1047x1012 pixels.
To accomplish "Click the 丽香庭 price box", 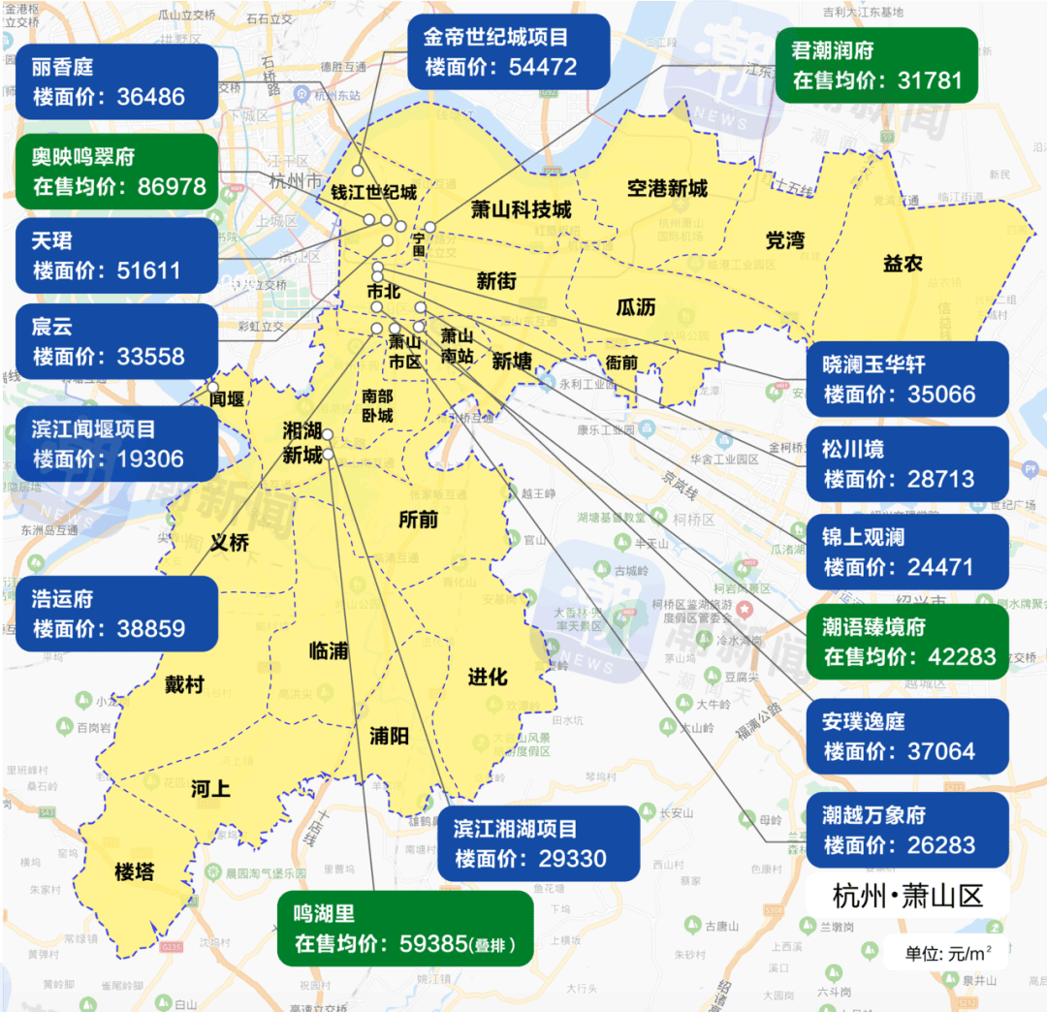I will click(115, 82).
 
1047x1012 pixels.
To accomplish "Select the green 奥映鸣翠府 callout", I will click(115, 172).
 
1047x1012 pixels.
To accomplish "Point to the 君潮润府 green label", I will click(876, 65).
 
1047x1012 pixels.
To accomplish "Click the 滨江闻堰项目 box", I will click(115, 444).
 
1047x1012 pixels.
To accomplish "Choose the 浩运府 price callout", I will click(115, 614).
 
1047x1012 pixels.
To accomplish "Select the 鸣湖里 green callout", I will click(405, 929).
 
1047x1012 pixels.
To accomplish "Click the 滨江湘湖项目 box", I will click(537, 843).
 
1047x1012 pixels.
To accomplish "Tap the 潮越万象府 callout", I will click(907, 830).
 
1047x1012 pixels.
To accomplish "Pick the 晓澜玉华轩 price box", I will click(907, 379).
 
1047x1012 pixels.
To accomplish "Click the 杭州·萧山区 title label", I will click(907, 896).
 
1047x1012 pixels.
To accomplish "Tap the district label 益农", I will click(902, 263).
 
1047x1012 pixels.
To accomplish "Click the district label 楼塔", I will click(134, 871).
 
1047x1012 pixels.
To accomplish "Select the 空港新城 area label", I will click(667, 188).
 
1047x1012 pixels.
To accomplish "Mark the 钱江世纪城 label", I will click(374, 192).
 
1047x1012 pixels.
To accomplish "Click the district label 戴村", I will click(184, 685).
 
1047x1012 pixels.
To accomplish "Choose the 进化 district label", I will click(487, 677).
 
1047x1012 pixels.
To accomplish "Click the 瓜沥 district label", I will click(635, 307).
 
